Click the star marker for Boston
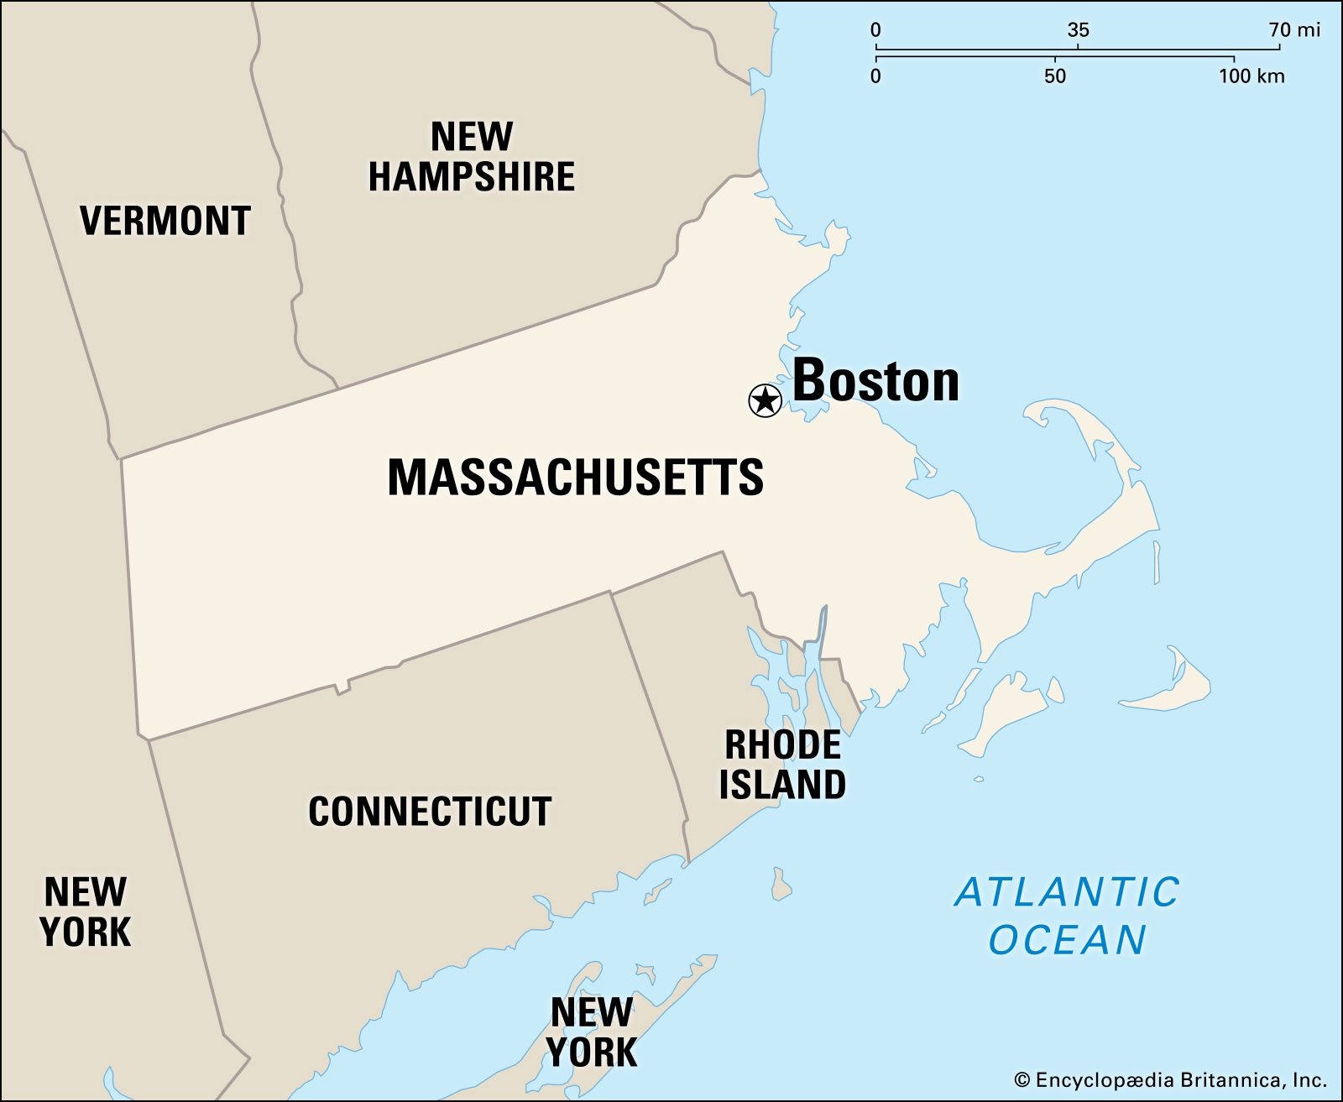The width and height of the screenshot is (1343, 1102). [765, 400]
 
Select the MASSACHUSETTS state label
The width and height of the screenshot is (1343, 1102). [575, 477]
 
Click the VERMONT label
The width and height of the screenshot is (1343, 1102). [165, 221]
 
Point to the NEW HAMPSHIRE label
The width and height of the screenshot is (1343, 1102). [472, 157]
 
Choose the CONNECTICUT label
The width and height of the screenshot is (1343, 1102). [430, 812]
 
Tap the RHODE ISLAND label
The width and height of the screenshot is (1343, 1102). [783, 765]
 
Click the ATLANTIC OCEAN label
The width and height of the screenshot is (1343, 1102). [1068, 915]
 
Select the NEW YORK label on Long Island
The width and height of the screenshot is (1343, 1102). [593, 1031]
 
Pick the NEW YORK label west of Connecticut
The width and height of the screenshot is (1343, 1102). [86, 911]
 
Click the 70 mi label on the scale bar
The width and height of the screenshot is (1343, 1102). [1294, 30]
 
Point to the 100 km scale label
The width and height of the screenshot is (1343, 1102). [1252, 76]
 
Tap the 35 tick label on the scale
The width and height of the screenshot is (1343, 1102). [1078, 30]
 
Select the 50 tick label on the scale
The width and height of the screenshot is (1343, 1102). [1055, 76]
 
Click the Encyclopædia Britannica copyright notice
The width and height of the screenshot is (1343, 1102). [1170, 1080]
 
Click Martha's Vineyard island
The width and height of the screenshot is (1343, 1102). [1007, 709]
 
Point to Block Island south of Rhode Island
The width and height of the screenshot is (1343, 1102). [782, 884]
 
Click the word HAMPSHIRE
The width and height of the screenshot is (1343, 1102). [472, 177]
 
